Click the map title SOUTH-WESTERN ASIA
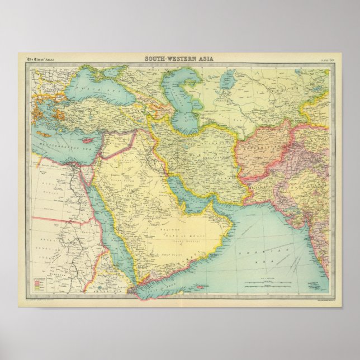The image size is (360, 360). pos(180,58)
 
